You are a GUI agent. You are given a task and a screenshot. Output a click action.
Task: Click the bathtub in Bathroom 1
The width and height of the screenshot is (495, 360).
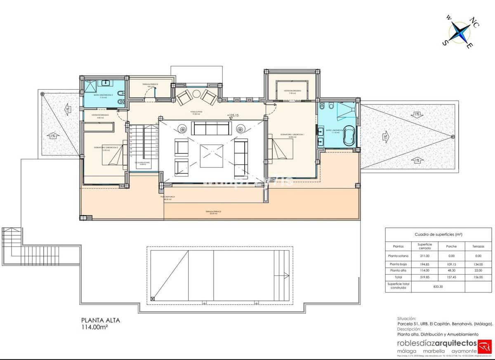pos(349,137)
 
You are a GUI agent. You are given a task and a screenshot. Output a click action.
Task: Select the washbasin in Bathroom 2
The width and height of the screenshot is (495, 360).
pos(106,83)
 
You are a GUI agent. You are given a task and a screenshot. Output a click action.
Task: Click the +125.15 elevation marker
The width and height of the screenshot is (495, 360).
pos(233,115)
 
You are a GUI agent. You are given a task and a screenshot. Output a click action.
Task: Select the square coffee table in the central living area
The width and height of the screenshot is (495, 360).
pos(211,156)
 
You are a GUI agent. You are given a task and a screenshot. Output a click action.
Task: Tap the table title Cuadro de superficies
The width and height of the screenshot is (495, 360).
pos(438,234)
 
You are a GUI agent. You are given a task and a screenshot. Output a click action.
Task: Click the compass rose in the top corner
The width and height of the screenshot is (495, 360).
pos(458,32)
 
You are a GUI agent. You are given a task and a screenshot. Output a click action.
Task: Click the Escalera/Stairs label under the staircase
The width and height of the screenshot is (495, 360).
pos(142,163)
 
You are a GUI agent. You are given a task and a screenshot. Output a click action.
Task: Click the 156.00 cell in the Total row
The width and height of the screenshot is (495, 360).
pos(478,277)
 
